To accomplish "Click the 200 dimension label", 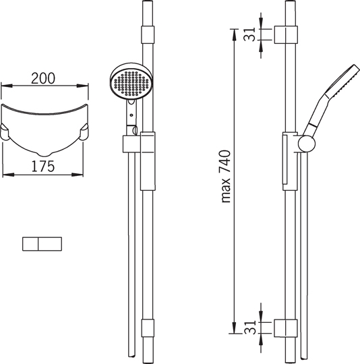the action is click(x=43, y=78).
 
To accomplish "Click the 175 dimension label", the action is click(x=43, y=166).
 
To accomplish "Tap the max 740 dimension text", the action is click(x=225, y=177).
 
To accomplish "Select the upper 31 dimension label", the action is click(x=249, y=34).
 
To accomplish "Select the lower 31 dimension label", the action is click(x=249, y=328).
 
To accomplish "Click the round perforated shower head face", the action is click(x=131, y=83).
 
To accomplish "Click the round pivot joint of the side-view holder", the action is click(x=307, y=144).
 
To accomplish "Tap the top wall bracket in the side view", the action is click(x=286, y=34).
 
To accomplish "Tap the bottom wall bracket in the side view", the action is click(x=286, y=328).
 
